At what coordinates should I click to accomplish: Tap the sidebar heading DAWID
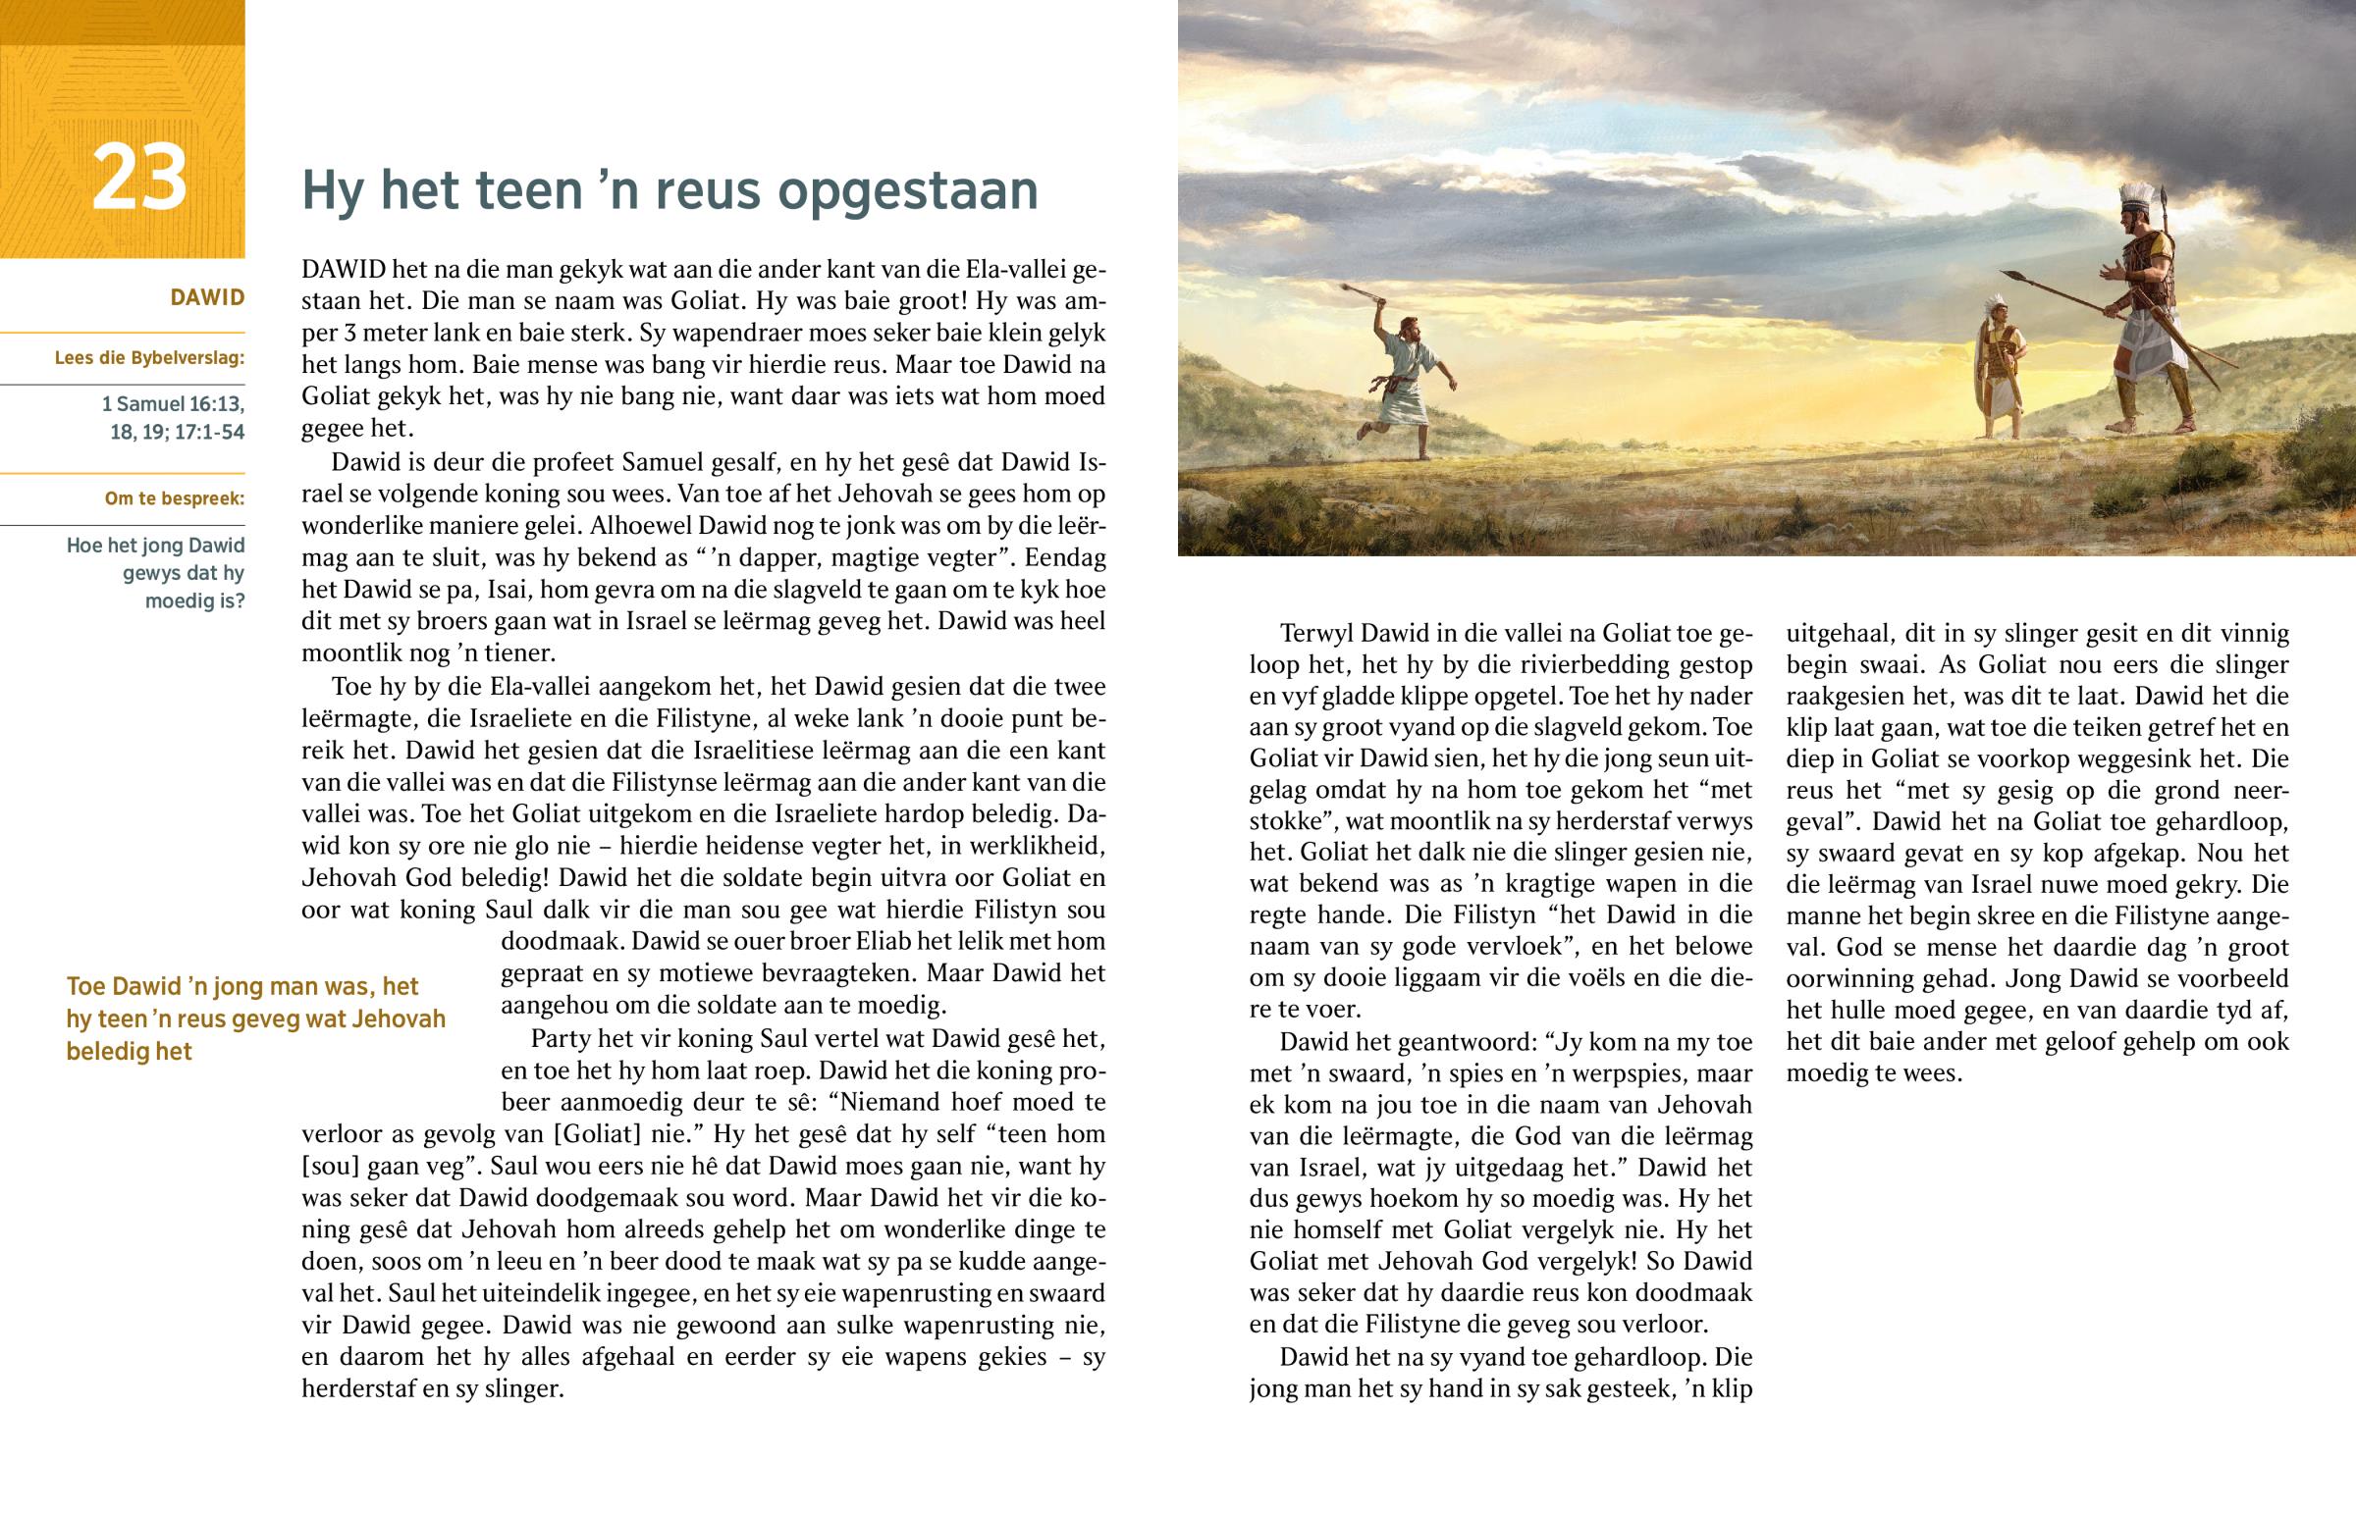click(x=206, y=298)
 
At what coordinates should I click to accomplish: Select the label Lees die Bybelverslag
click(x=149, y=358)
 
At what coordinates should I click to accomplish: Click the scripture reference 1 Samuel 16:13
click(x=173, y=404)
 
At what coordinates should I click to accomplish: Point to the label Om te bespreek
click(x=174, y=498)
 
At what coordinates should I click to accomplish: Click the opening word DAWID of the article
click(x=345, y=270)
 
